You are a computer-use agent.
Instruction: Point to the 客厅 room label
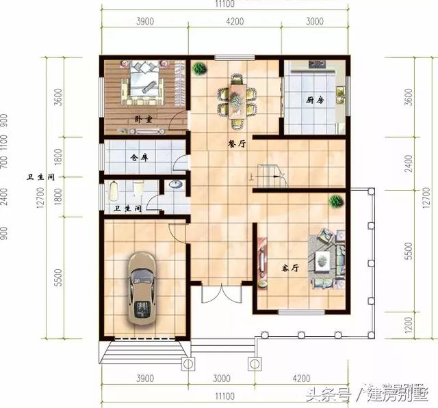pyautogui.click(x=291, y=268)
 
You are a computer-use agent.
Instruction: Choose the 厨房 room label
pyautogui.click(x=315, y=100)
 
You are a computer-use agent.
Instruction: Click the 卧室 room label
pyautogui.click(x=143, y=119)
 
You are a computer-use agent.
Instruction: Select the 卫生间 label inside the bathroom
pyautogui.click(x=127, y=208)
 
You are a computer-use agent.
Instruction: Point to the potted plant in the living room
pyautogui.click(x=335, y=201)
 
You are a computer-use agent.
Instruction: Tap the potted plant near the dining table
pyautogui.click(x=199, y=68)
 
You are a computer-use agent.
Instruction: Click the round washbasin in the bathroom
pyautogui.click(x=175, y=185)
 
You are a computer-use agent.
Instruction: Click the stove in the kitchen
pyautogui.click(x=316, y=65)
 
